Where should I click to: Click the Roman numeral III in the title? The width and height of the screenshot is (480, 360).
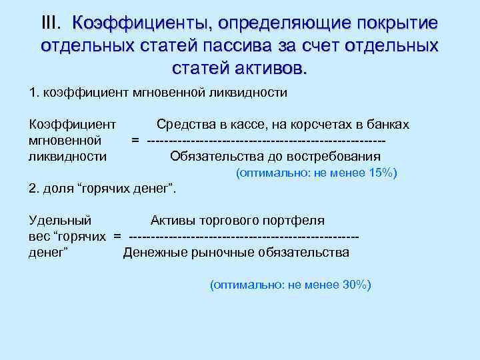52,23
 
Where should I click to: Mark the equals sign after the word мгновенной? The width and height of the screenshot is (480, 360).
135,141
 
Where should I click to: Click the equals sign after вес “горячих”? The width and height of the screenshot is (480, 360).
117,236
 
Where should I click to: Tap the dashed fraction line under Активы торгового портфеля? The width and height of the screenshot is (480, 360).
244,236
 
